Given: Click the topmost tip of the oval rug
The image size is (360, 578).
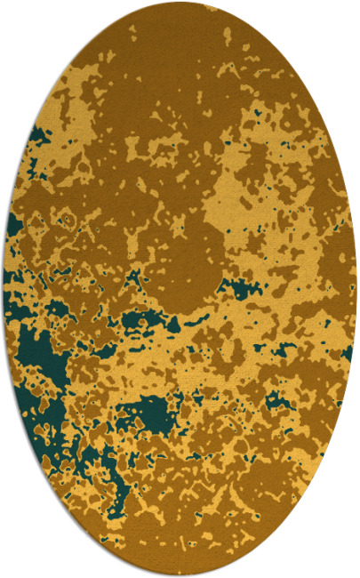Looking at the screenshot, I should pos(180,2).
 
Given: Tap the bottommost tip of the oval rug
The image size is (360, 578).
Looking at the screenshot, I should pos(180,576).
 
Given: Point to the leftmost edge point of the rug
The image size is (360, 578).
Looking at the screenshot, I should pos(4,289).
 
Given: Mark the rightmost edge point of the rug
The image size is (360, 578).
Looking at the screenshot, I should pos(356,289).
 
